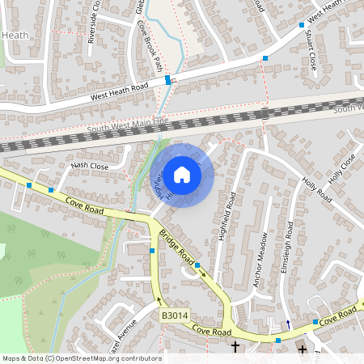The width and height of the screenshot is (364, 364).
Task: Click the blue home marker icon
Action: pyautogui.click(x=182, y=174)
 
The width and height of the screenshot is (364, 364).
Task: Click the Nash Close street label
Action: pyautogui.click(x=90, y=166)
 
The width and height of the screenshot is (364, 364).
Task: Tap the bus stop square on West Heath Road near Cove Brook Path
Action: pyautogui.click(x=167, y=80)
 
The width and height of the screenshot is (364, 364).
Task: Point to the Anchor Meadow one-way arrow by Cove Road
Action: pyautogui.click(x=288, y=324)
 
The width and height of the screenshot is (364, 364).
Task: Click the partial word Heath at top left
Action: pyautogui.click(x=15, y=35)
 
